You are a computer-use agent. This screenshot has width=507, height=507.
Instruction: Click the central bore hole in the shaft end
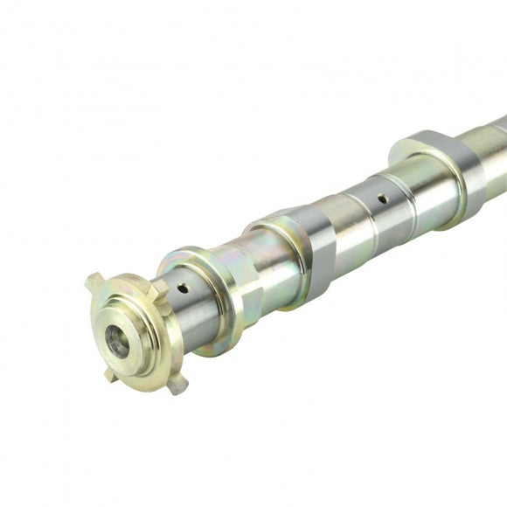tap(116, 341)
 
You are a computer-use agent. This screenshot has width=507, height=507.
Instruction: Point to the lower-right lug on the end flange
tap(177, 384)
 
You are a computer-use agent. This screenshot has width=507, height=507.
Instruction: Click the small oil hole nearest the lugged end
tap(182, 288)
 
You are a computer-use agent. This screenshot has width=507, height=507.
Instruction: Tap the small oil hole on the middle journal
tap(382, 199)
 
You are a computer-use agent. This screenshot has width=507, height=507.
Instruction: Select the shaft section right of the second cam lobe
tap(490, 162)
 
